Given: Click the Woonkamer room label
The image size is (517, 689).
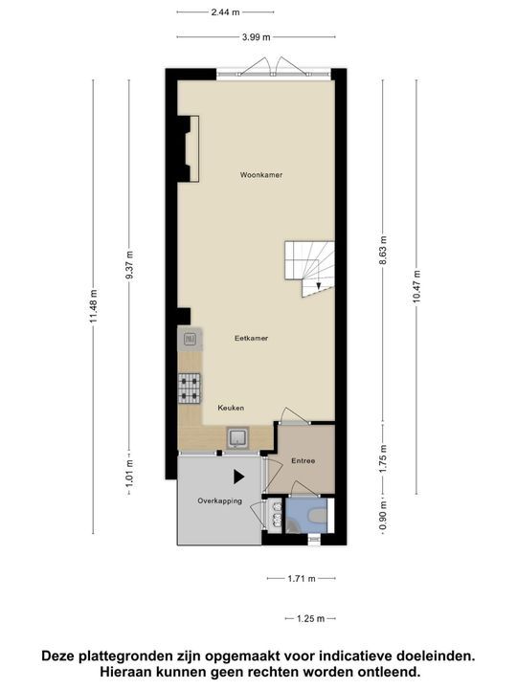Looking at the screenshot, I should point(261,175).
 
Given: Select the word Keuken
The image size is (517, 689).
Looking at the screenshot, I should point(230,408).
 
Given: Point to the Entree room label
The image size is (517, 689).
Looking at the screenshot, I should point(305,461).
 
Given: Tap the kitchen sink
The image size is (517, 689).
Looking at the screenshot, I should point(236,438).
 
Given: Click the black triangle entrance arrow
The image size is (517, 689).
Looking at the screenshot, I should point(239,476).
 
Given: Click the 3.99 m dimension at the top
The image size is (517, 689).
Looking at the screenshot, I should point(256,36).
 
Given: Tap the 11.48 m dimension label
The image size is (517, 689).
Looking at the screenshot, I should point(93,307).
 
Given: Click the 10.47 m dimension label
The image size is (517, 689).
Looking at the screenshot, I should point(417,286).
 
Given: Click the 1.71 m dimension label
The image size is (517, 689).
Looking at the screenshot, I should point(303,578).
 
